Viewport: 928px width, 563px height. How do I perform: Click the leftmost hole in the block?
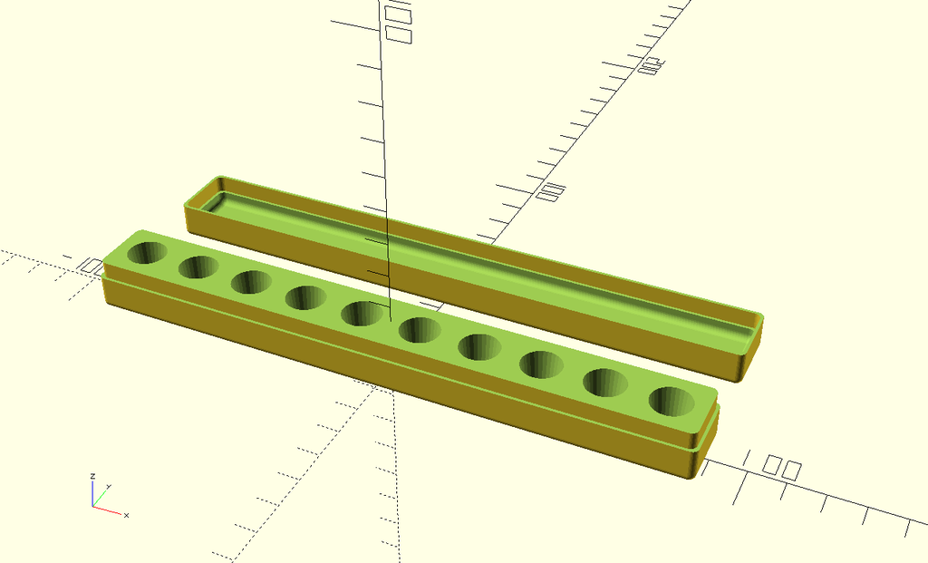147,252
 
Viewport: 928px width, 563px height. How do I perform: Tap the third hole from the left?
251,281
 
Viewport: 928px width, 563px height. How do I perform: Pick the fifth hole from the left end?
362,313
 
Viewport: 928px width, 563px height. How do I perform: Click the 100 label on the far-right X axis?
780,468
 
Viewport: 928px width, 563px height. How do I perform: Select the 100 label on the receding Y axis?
551,191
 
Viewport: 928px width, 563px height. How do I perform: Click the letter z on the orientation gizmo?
92,475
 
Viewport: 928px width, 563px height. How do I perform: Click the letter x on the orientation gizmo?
126,515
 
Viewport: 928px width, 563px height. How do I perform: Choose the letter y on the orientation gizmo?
109,487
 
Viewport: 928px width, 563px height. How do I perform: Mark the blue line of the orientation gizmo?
92,493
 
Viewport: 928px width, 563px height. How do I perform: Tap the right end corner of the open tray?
759,319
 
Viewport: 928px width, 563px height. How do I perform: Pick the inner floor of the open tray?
471,258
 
